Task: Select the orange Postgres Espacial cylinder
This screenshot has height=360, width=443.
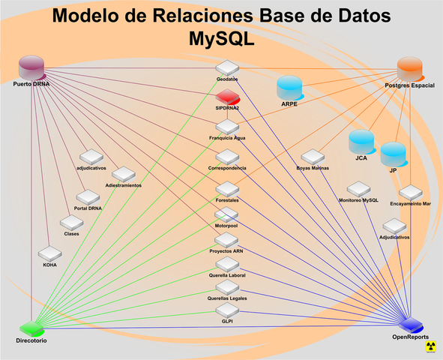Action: point(410,69)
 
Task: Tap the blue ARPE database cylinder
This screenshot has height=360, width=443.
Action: point(290,88)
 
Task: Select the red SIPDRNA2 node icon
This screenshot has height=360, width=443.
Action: point(227,97)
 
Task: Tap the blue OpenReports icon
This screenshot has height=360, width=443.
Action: point(411,325)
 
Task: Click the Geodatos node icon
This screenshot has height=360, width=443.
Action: point(227,67)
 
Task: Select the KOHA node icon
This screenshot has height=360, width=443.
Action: point(49,253)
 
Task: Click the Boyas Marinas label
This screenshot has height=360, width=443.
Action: point(313,168)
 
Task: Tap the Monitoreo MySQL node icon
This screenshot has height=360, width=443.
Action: point(358,189)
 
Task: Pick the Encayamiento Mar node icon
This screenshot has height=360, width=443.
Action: point(410,193)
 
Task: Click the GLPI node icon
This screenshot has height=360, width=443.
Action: point(227,310)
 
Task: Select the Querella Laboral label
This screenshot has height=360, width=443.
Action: point(226,275)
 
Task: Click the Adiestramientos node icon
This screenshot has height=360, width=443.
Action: point(124,174)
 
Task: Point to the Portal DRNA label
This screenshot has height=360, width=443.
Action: point(88,208)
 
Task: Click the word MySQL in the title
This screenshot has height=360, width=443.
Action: point(221,37)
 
